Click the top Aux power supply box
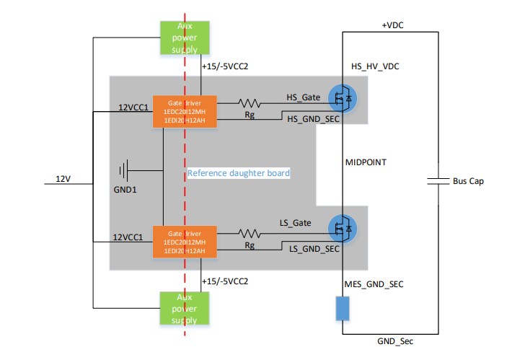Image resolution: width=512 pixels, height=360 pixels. coord(183,38)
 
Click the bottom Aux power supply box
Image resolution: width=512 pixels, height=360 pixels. coord(183,309)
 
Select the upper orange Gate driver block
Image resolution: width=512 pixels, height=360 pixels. coord(185,112)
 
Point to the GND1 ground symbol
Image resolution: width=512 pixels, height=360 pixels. coord(125,171)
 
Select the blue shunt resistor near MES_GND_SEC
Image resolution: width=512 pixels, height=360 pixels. coord(343,309)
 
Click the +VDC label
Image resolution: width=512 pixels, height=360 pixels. coord(393,25)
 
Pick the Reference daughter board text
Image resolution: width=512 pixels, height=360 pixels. coord(238,173)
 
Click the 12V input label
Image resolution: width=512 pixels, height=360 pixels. coord(64,177)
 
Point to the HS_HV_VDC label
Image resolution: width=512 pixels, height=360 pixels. coord(375,66)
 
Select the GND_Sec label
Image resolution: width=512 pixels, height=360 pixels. coord(395,340)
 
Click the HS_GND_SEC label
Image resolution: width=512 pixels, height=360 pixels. coord(313,118)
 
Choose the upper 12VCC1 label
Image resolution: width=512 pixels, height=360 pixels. coord(133,107)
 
